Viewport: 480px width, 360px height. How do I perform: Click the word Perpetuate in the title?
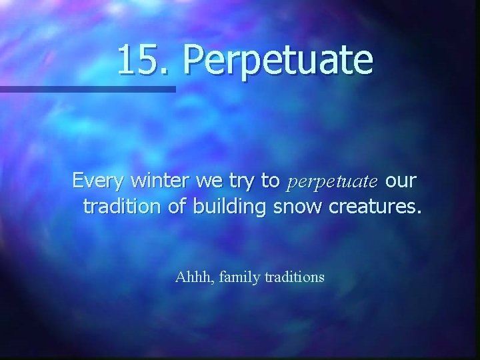pos(278,60)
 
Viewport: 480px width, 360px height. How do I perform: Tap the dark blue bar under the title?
pos(87,89)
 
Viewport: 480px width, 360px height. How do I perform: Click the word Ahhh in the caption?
pos(191,276)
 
